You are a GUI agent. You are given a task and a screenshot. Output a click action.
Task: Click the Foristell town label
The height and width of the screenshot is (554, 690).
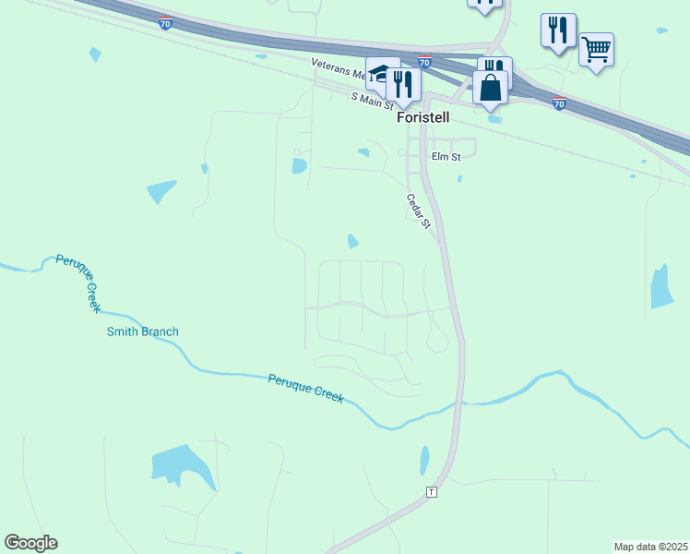(422, 118)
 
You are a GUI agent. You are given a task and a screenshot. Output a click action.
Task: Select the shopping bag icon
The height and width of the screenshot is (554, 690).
(490, 88)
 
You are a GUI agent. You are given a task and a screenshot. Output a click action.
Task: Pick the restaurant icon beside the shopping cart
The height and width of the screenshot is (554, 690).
(558, 30)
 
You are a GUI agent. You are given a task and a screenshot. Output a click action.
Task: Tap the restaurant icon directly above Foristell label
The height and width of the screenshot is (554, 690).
(404, 84)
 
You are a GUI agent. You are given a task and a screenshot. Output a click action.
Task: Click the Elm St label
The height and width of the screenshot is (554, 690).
(446, 157)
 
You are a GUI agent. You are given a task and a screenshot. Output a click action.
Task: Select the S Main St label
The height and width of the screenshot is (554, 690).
(373, 99)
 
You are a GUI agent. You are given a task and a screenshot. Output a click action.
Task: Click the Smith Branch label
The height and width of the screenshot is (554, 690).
(143, 331)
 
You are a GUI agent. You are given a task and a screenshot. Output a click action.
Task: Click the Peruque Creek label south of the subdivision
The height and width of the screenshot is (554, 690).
(306, 388)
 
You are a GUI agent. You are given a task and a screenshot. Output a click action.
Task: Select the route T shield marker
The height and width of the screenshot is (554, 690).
(430, 491)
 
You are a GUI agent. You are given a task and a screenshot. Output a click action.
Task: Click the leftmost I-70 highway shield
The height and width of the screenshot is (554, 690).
(165, 24)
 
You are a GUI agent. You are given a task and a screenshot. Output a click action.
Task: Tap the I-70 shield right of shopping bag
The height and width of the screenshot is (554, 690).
(559, 104)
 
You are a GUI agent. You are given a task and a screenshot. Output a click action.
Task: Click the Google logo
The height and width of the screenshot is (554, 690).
(30, 543)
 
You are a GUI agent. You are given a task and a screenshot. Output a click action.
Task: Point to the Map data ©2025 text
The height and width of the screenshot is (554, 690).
(650, 547)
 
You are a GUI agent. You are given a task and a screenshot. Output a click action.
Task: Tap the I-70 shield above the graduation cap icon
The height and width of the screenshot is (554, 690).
(423, 62)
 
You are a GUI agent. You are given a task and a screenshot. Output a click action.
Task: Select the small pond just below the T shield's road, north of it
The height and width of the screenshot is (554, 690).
(424, 459)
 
